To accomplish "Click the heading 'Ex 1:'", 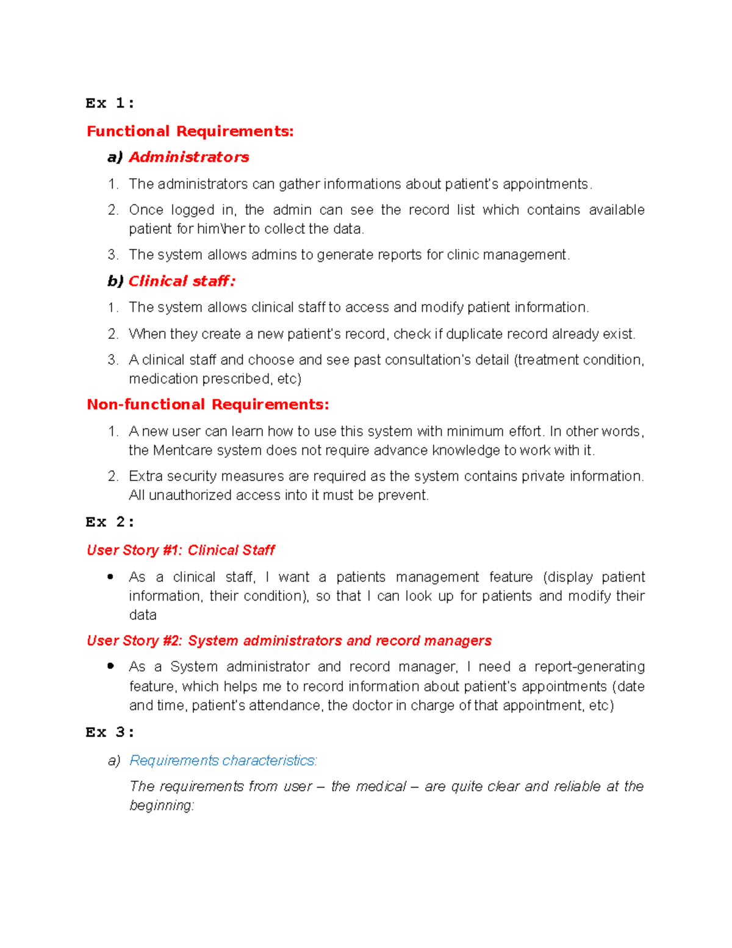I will coord(110,103).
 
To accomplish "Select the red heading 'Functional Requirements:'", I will coord(190,131).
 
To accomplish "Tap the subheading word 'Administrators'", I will coord(188,157).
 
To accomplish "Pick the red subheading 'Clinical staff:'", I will coord(181,281).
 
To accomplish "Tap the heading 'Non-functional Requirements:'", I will coord(207,405).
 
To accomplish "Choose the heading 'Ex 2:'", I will coord(110,522).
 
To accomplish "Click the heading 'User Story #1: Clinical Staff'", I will coord(181,550).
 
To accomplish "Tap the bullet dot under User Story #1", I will coord(110,577).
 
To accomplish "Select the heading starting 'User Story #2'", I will coord(289,640).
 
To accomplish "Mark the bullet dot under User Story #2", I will coord(110,667).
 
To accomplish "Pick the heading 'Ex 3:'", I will coord(110,732).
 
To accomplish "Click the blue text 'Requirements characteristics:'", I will coord(223,761).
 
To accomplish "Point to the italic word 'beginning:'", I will coord(162,806).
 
